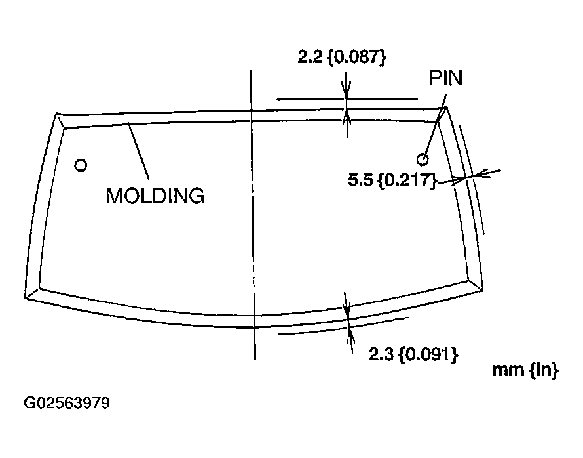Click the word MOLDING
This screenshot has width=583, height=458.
click(155, 196)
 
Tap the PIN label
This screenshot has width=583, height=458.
click(445, 79)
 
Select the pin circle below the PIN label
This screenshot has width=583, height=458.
click(423, 158)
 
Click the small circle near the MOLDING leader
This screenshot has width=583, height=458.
click(81, 165)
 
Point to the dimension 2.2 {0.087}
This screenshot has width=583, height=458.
click(341, 57)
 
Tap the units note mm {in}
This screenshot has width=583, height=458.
click(525, 371)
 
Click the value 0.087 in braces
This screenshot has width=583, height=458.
click(357, 57)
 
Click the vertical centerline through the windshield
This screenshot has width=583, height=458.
click(252, 217)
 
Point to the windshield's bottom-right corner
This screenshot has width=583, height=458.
click(482, 289)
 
